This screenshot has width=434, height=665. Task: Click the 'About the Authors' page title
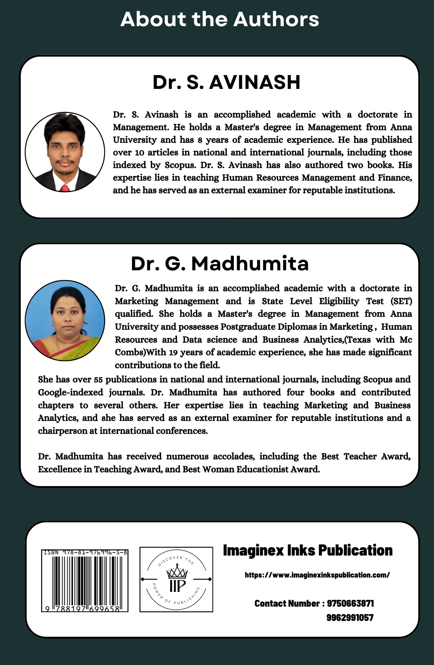coord(219,19)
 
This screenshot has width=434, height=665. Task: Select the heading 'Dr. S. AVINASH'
coord(226,83)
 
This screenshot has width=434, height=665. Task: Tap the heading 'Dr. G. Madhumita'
coord(220,264)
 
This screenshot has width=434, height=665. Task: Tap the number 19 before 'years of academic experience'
coord(173,352)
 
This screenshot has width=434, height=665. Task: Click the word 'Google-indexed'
coord(70,393)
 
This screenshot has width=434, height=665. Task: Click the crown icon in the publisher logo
coord(177,571)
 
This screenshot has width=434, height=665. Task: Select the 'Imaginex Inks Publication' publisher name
coord(308,550)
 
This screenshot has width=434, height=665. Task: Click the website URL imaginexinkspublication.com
coord(317,575)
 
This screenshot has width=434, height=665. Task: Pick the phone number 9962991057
coord(350,617)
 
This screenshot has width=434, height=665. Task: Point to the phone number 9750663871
coord(350,603)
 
